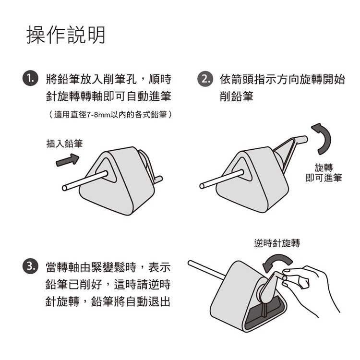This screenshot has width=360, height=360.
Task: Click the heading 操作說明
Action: tap(66, 35)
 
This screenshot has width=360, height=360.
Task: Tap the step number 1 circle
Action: tap(30, 79)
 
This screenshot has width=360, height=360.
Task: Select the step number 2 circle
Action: tap(205, 79)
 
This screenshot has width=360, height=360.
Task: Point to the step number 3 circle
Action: tap(30, 267)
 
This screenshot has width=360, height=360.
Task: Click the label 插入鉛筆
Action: tap(64, 144)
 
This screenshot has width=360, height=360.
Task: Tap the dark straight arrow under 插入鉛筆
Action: tap(68, 160)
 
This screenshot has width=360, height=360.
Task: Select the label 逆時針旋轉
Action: tap(277, 243)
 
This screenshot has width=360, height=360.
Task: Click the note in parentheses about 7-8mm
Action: tap(110, 114)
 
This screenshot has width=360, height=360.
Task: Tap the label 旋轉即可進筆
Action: tap(324, 172)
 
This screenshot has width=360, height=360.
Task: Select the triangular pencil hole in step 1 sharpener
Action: tap(106, 170)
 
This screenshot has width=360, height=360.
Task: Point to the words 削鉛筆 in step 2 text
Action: tap(237, 96)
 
